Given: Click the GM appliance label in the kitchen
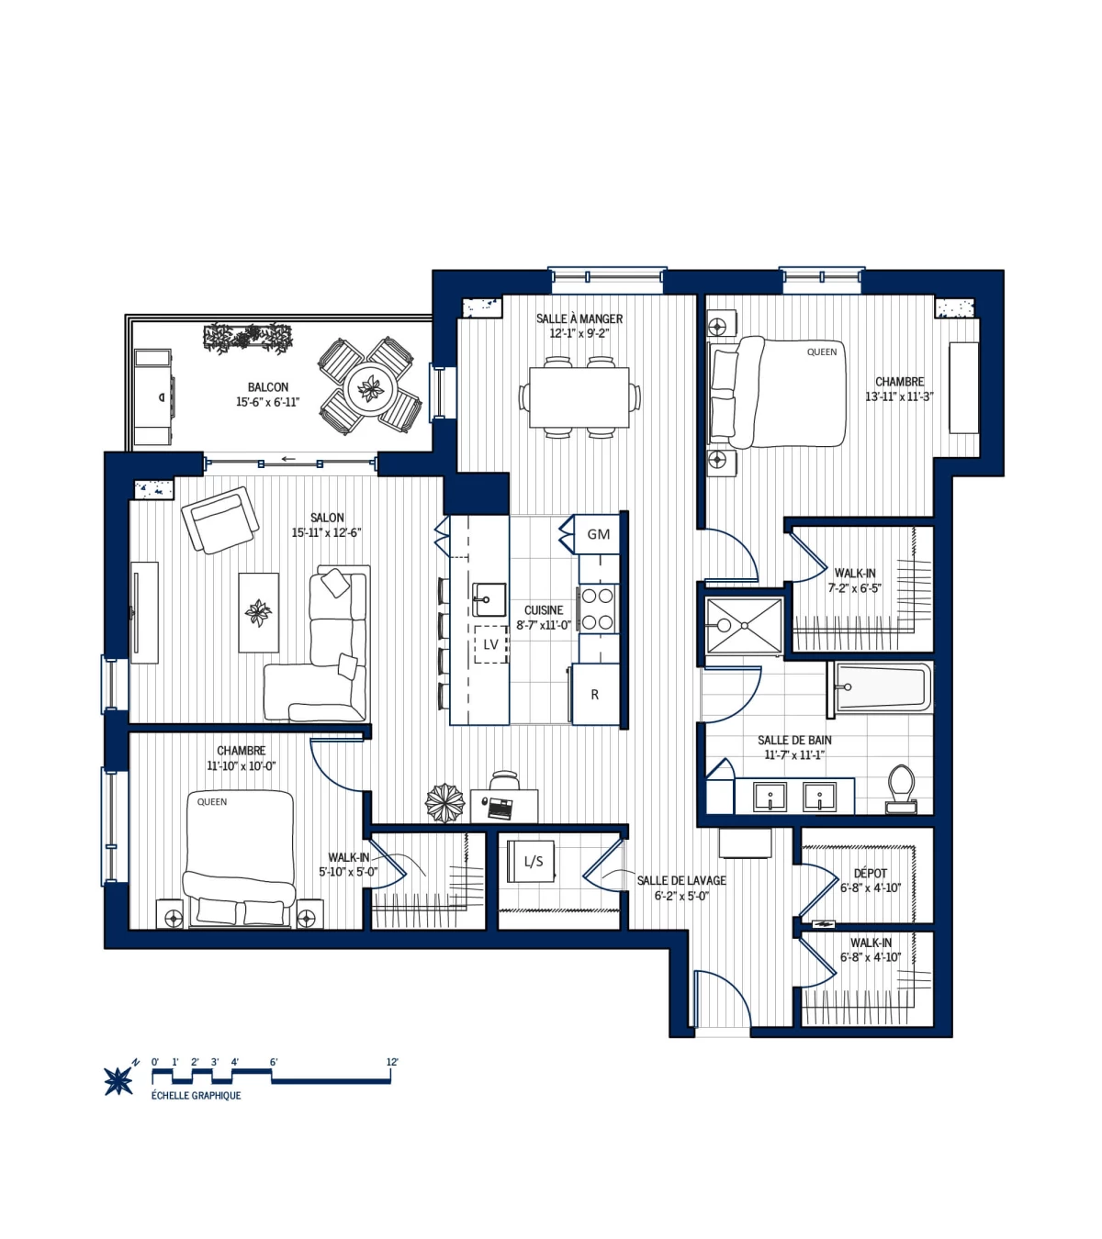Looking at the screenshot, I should (599, 534).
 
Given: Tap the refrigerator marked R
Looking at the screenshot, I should (595, 695).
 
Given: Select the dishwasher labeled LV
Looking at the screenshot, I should (490, 644).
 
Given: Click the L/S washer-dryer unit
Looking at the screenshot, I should (533, 861).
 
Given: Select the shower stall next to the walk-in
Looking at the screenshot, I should (744, 626).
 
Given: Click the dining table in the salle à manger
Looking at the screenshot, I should (579, 396).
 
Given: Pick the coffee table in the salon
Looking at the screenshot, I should (259, 612).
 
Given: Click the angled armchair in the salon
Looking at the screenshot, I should (219, 519).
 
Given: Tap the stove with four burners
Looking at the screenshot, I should (597, 608).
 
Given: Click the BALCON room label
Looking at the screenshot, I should (267, 387).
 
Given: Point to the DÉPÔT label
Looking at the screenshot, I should (870, 874).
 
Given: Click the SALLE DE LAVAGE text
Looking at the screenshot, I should (681, 880).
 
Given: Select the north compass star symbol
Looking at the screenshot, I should (118, 1080).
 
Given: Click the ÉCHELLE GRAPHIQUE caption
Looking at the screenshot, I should (196, 1096).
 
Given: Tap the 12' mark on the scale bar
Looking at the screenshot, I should (392, 1063).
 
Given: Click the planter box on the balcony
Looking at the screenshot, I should (247, 338).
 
